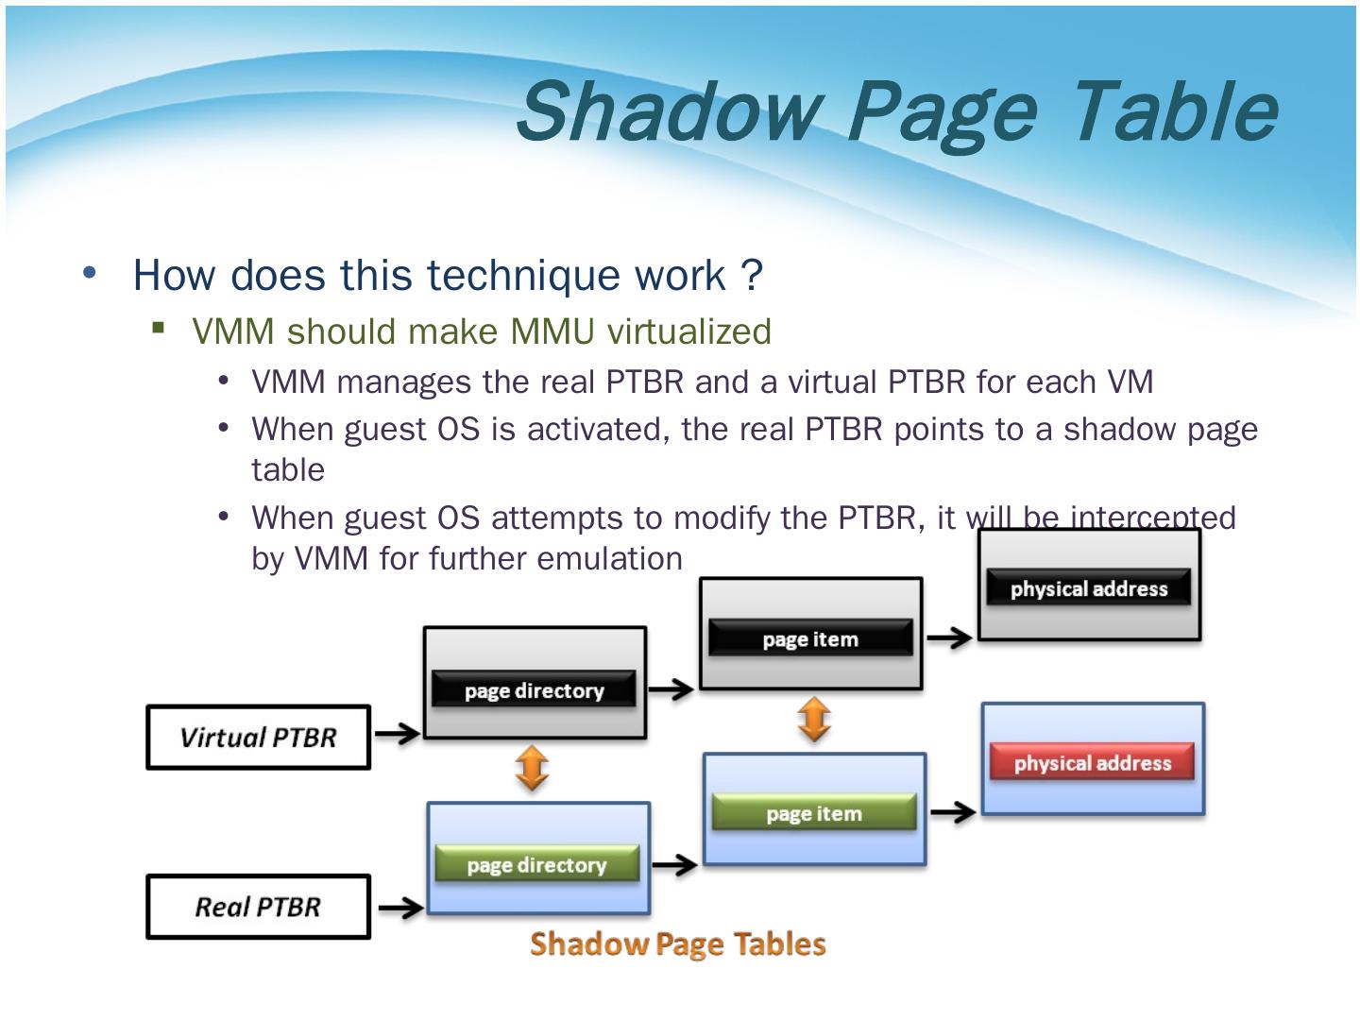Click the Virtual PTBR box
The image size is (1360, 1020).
(258, 738)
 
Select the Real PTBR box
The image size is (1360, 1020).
(258, 907)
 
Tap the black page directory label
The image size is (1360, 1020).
(535, 690)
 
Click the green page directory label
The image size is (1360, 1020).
(536, 865)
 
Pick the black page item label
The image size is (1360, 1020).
(810, 639)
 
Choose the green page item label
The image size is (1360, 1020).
(814, 813)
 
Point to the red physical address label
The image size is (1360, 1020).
(1092, 763)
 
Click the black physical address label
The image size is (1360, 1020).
(1089, 588)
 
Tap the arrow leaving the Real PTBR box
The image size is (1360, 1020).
(400, 909)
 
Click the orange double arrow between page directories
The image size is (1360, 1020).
(533, 769)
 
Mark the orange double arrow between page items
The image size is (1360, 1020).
(814, 720)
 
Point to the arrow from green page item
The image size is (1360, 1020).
(952, 812)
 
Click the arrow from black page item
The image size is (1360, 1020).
(949, 638)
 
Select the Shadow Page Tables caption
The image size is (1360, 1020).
(677, 943)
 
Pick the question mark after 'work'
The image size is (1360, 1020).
(752, 275)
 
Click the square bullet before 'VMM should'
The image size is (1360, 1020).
(159, 329)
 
